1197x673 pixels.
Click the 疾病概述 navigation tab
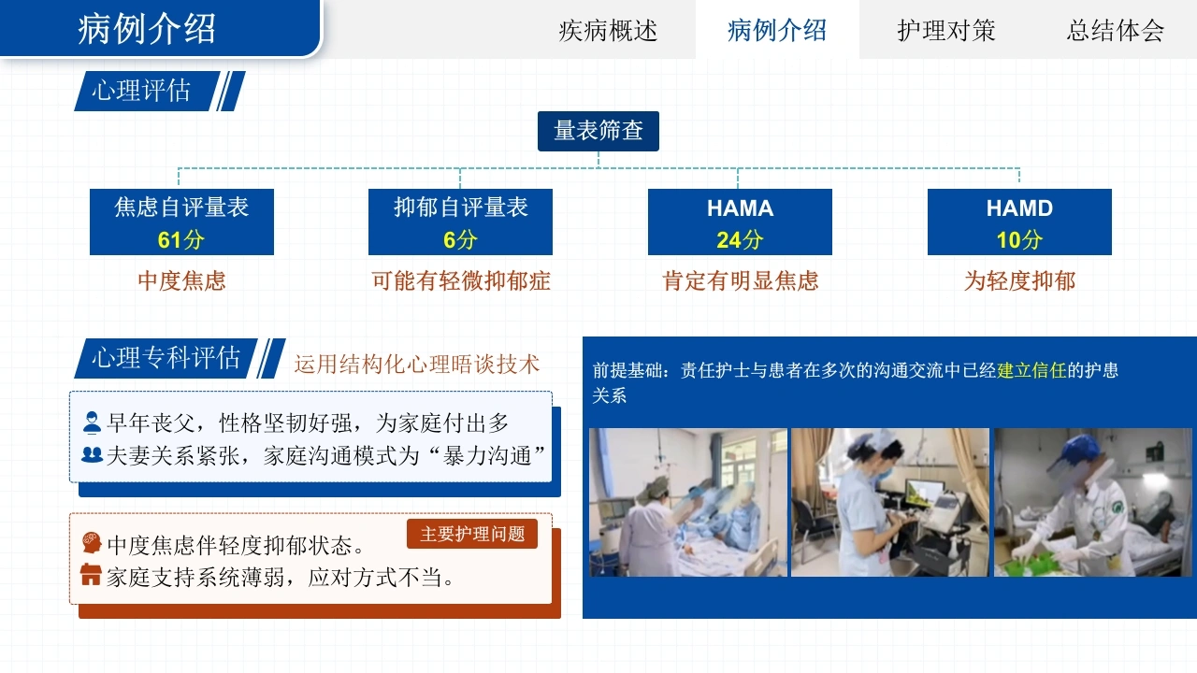[608, 31]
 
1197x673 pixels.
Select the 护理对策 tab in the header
[945, 31]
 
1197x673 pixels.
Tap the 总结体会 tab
[1116, 31]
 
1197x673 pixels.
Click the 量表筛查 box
[598, 131]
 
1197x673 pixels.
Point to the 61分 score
[181, 240]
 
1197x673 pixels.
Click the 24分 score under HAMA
[740, 240]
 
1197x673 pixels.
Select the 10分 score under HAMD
[1019, 240]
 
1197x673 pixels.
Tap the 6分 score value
[460, 240]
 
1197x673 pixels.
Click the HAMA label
[740, 208]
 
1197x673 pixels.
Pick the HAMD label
[1019, 208]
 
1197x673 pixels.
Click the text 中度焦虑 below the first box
[181, 281]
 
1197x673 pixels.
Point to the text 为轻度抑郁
[1019, 281]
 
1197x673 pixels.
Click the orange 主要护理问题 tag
[472, 534]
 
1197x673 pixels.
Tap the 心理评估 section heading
[141, 91]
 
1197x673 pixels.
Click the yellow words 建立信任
[1031, 370]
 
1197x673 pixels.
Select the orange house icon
[91, 575]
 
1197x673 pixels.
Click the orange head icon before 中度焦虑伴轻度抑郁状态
[92, 542]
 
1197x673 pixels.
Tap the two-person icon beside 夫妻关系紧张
[92, 454]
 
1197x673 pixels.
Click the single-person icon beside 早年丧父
[92, 422]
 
